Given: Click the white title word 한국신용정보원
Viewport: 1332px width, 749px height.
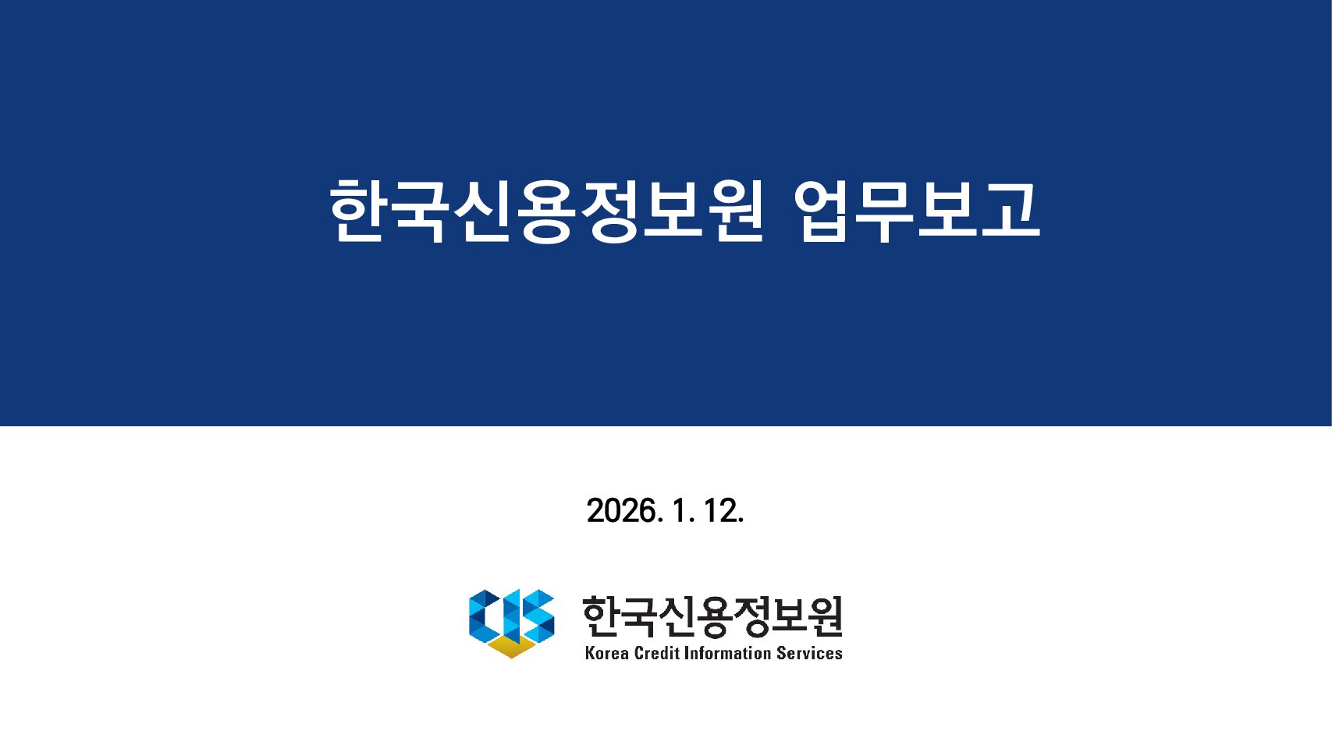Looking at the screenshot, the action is tap(546, 211).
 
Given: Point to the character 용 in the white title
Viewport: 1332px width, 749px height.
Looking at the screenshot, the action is tap(547, 211).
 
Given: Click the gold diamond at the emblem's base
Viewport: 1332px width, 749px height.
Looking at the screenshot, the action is tap(511, 647).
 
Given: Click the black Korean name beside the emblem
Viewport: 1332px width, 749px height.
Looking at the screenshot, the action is tap(712, 616).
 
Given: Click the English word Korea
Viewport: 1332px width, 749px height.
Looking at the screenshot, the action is tap(606, 653).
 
